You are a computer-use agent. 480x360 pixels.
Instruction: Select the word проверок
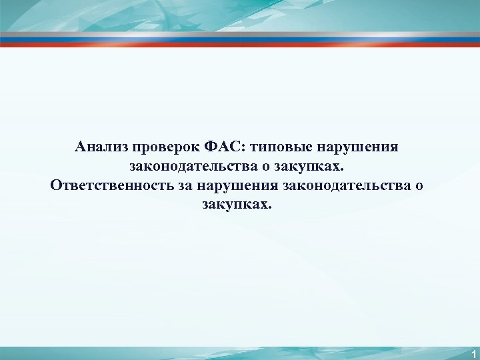pyautogui.click(x=157, y=146)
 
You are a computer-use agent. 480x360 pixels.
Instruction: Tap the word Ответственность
pyautogui.click(x=111, y=184)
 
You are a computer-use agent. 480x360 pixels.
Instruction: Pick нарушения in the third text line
pyautogui.click(x=237, y=184)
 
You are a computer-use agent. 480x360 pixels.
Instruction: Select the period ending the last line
pyautogui.click(x=270, y=207)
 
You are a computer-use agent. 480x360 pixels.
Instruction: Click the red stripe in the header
pyautogui.click(x=240, y=45)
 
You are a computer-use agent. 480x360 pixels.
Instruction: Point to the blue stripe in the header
pyautogui.click(x=240, y=40)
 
